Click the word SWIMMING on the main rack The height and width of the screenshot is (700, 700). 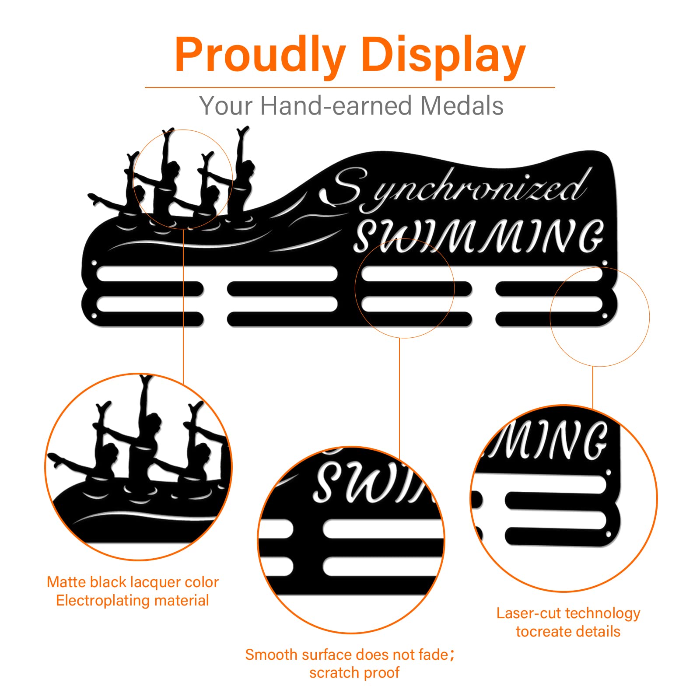coord(479,236)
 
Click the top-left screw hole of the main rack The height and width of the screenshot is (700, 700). coord(94,263)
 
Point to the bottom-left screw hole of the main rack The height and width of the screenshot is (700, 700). coord(94,316)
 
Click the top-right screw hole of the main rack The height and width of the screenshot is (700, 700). coord(605,263)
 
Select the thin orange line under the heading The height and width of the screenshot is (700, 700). coord(350,87)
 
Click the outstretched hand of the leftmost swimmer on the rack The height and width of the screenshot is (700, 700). coord(94,198)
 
